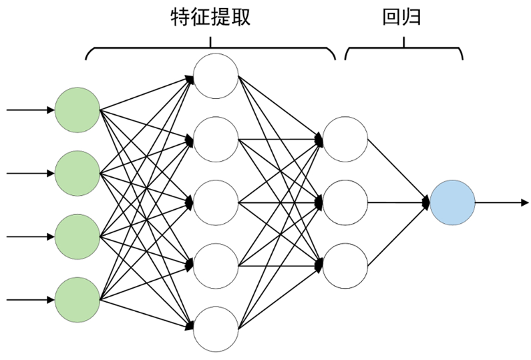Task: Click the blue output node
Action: point(452,202)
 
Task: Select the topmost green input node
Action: point(77,110)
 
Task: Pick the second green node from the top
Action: point(77,173)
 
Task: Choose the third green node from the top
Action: point(77,236)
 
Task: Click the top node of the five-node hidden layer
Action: point(215,76)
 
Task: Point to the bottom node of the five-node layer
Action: point(215,329)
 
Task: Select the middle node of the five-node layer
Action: point(215,202)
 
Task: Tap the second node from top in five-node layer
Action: point(215,139)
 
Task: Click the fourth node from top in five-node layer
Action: point(215,266)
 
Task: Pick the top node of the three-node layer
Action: point(345,139)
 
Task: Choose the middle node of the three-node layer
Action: point(345,202)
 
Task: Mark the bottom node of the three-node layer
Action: point(345,265)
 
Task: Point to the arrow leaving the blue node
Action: point(501,202)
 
